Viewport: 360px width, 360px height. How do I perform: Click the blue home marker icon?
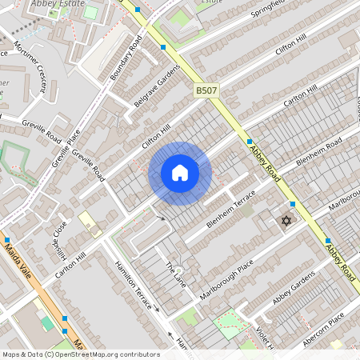[x=180, y=173]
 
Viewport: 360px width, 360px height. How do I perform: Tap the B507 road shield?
[x=206, y=92]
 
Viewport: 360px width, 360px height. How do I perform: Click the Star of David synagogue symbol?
[x=285, y=220]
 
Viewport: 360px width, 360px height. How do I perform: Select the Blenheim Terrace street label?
[x=231, y=210]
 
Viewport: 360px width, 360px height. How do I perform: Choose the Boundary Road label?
[x=126, y=60]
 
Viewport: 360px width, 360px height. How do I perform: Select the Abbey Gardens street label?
[x=294, y=290]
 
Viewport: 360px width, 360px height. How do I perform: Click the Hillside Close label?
[x=58, y=238]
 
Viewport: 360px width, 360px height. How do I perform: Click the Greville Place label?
[x=66, y=148]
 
